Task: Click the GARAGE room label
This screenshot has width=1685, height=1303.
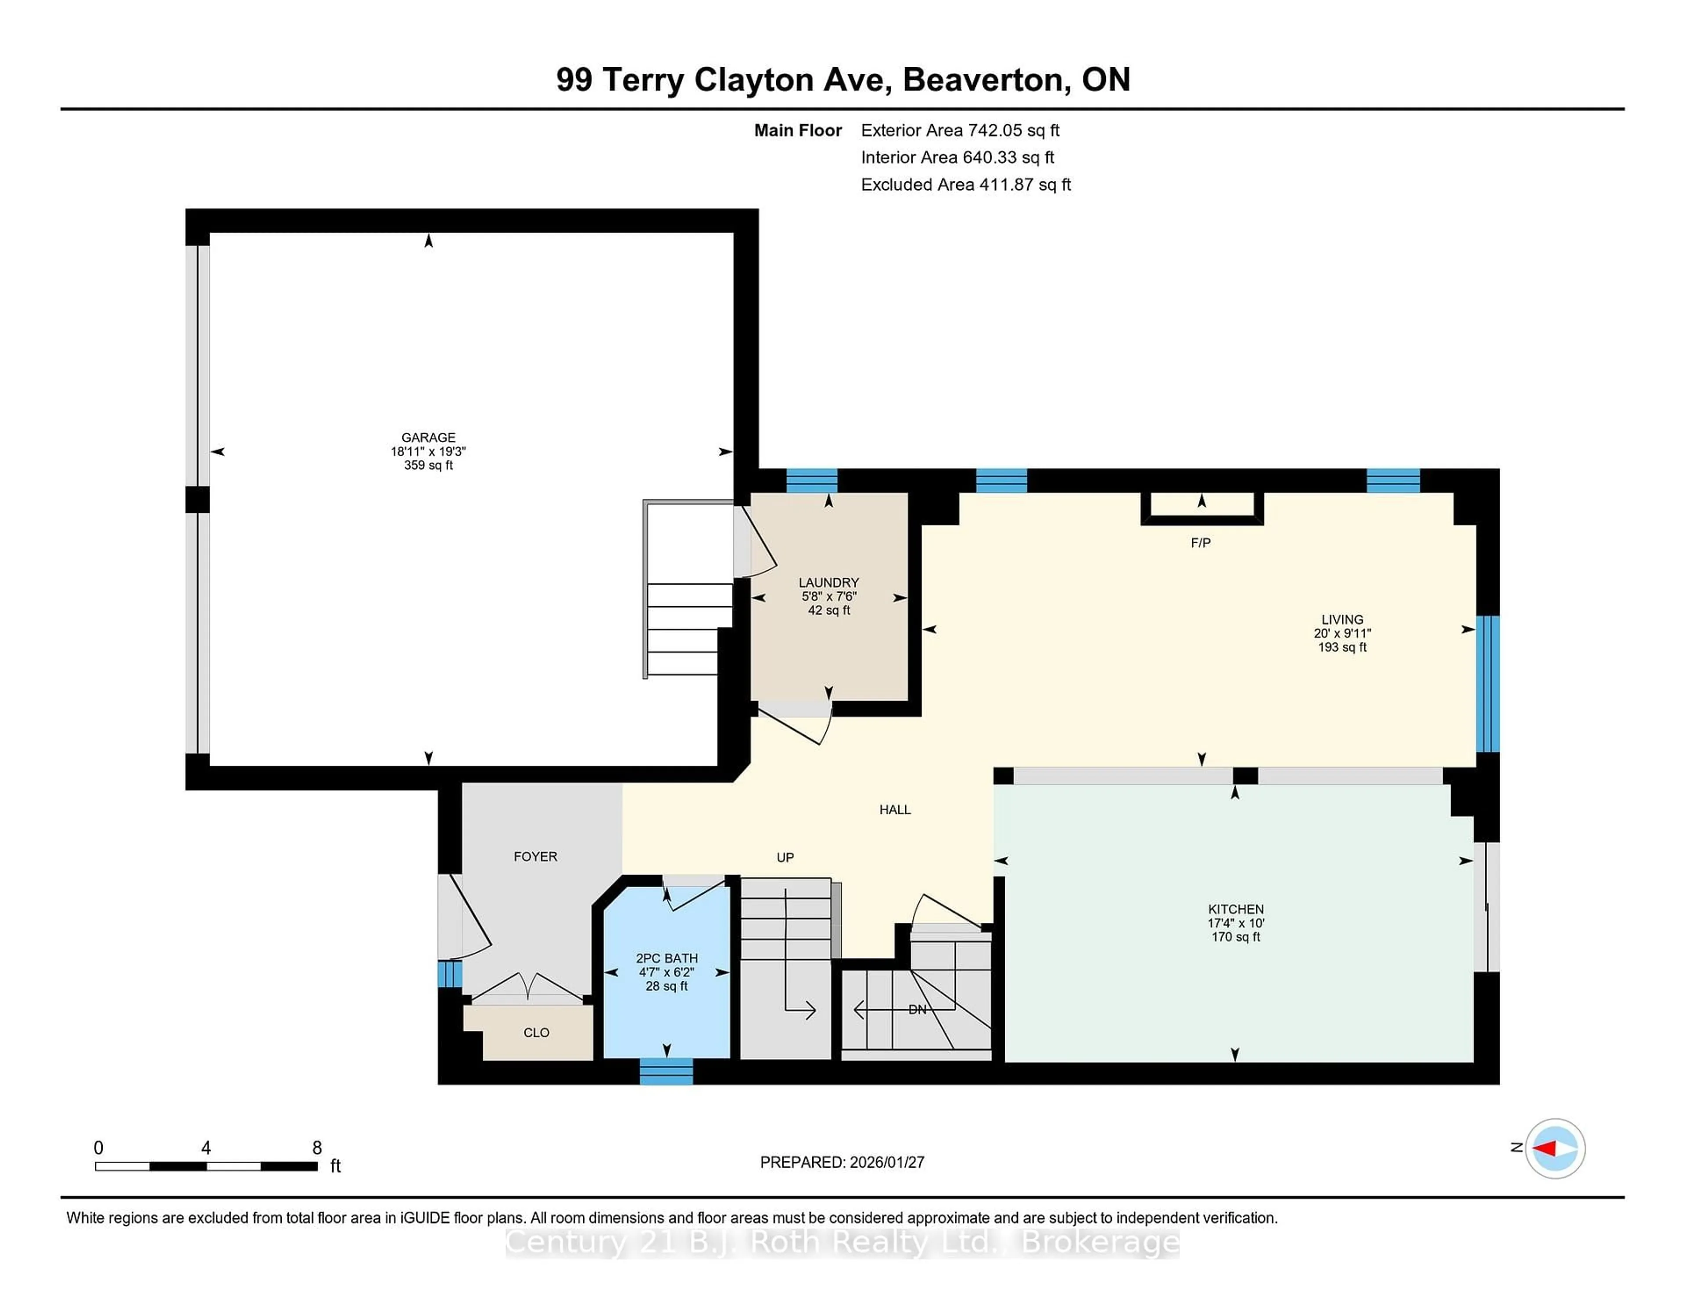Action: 428,437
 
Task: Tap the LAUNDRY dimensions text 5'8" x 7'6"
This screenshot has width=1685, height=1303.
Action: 828,596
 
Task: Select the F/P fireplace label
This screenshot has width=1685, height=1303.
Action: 1201,543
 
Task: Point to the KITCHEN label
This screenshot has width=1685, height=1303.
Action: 1235,909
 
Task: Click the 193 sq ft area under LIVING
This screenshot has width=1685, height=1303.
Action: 1342,647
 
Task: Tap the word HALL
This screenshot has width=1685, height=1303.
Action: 895,810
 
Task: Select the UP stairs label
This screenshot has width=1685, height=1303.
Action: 785,857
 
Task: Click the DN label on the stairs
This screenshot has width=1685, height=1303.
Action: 918,1009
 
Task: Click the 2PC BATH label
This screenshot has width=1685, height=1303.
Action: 667,958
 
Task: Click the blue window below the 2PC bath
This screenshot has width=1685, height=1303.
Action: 667,1072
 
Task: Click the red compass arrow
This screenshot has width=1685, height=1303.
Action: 1545,1148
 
